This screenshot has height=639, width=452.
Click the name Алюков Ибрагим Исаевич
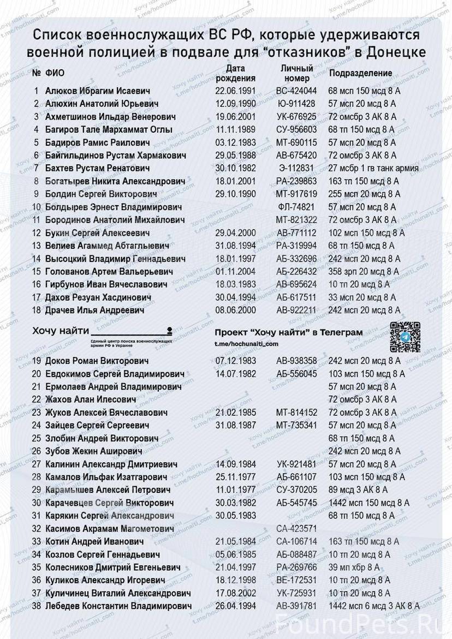(x=97, y=91)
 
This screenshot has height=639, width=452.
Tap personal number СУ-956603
(x=296, y=129)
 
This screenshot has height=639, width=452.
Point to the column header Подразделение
(x=360, y=73)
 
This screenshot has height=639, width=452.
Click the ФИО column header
(x=55, y=73)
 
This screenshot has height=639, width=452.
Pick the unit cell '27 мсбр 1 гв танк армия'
(x=373, y=168)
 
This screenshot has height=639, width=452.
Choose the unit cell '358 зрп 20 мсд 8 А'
(x=364, y=271)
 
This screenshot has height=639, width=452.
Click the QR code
(x=405, y=337)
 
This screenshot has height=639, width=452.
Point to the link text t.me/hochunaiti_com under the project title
(x=247, y=344)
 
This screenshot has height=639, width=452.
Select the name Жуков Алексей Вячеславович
(x=106, y=413)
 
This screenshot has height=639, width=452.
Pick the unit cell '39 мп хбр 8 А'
(x=354, y=567)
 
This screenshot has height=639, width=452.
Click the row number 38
(x=37, y=606)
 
